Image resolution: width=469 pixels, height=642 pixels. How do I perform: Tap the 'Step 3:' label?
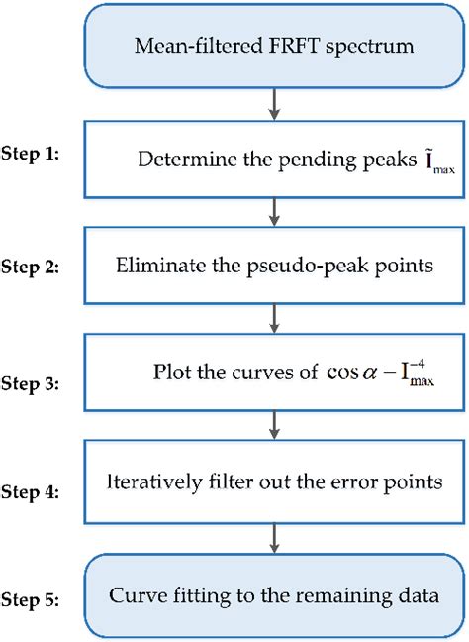[x=37, y=379]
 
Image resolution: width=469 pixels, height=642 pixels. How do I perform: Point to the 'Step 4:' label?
[x=37, y=489]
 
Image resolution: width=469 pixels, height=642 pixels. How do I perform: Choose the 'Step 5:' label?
[x=37, y=599]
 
